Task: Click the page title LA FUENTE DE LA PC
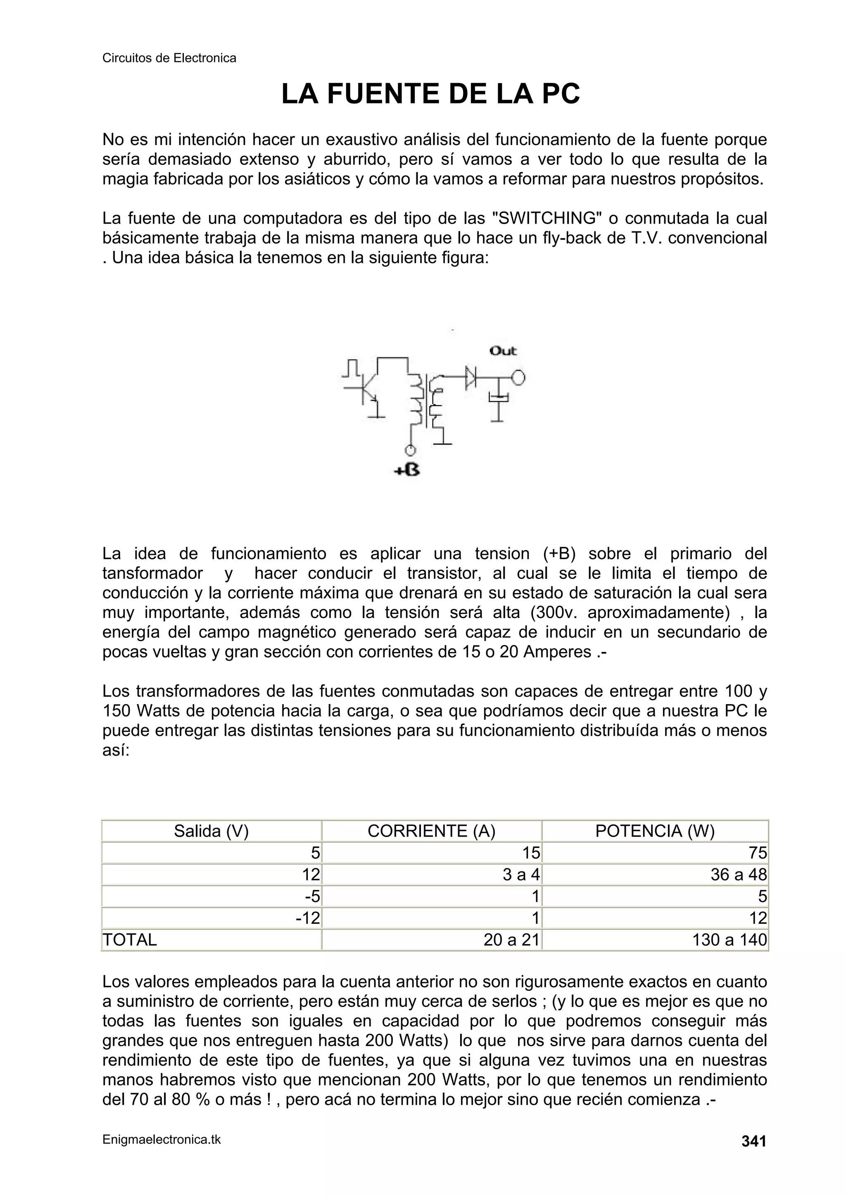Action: (x=430, y=94)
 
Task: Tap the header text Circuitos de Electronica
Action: (x=169, y=58)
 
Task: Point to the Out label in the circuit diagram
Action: (x=503, y=351)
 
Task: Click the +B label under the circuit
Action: (x=407, y=470)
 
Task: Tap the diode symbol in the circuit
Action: (x=471, y=376)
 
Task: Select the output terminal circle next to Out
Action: (x=518, y=377)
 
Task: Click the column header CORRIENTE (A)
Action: (x=431, y=831)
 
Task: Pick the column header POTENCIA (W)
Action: (x=655, y=831)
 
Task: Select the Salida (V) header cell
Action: (x=211, y=831)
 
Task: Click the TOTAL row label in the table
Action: (x=130, y=940)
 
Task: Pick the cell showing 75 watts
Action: (x=758, y=853)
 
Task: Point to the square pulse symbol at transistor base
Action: (x=351, y=368)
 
